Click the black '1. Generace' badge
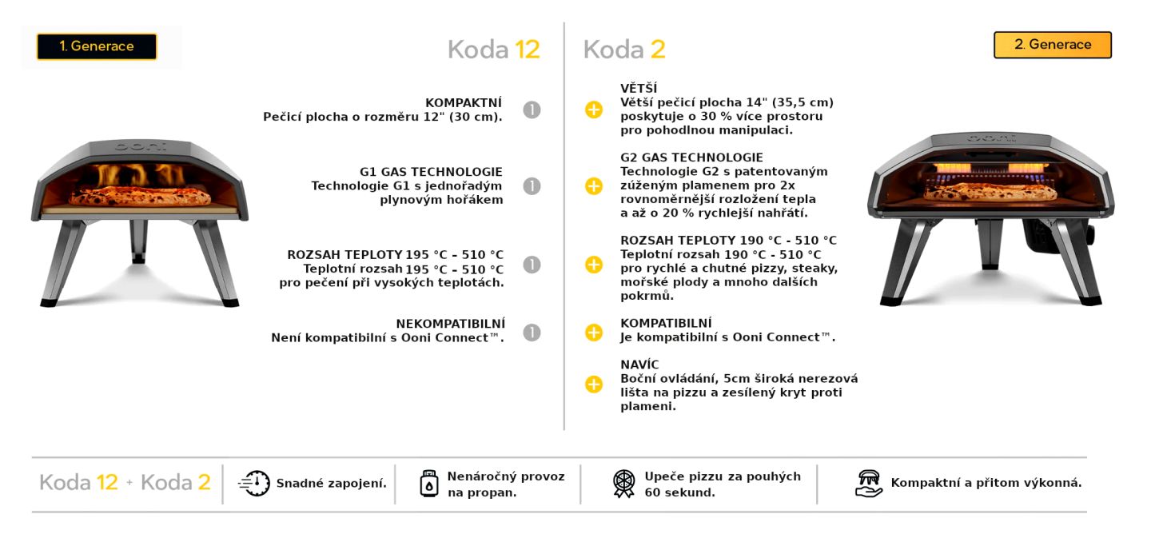(x=97, y=46)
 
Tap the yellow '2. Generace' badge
(x=1052, y=45)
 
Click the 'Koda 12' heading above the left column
(x=493, y=50)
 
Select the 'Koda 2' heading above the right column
(x=624, y=50)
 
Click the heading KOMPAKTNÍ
(x=464, y=102)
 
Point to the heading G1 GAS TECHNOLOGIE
(x=431, y=172)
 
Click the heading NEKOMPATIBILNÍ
(x=449, y=324)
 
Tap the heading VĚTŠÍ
(x=639, y=88)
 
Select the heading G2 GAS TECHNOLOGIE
(x=691, y=157)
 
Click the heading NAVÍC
(x=639, y=365)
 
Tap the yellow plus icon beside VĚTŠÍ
(x=594, y=110)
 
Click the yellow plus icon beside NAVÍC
(x=594, y=385)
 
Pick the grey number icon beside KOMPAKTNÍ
(x=532, y=110)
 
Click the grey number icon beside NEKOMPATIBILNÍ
(x=532, y=332)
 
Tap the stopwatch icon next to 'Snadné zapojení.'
(x=254, y=484)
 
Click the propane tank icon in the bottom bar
(x=429, y=484)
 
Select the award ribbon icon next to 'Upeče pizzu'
(x=623, y=484)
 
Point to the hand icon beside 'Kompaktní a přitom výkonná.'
(x=868, y=484)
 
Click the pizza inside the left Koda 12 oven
(x=140, y=197)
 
